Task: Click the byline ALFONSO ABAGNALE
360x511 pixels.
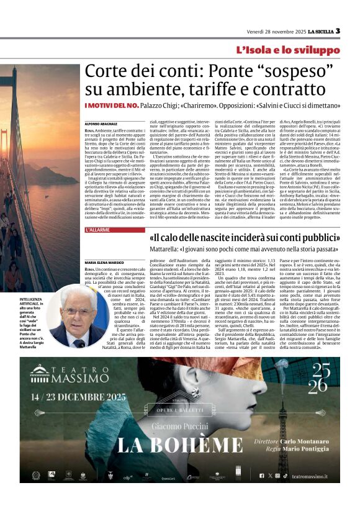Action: pos(101,125)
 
